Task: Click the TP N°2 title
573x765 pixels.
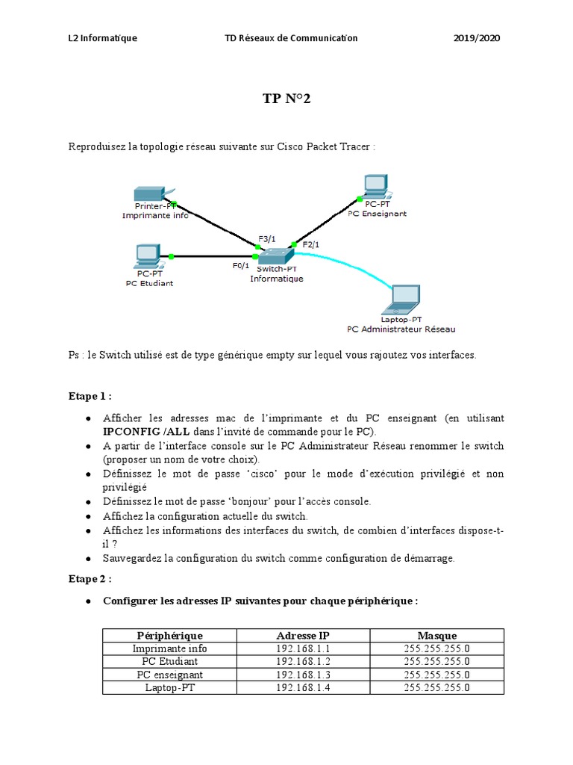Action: coord(286,99)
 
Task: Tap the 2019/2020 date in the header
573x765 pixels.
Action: coord(477,38)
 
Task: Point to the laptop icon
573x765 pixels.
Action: coord(401,300)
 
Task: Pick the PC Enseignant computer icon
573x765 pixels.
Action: coord(375,186)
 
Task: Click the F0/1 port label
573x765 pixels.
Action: coord(241,265)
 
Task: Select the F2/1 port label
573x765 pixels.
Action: coord(311,244)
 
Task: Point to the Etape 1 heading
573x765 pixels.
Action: coord(90,396)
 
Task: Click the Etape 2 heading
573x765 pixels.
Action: coord(90,578)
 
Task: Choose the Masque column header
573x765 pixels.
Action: coord(436,635)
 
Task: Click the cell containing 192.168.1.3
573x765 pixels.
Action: coord(302,675)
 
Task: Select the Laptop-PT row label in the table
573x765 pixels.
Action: coord(169,687)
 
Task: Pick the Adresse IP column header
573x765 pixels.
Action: coord(302,635)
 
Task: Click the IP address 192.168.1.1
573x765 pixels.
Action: coord(302,648)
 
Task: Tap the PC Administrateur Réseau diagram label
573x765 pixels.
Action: coord(401,329)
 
